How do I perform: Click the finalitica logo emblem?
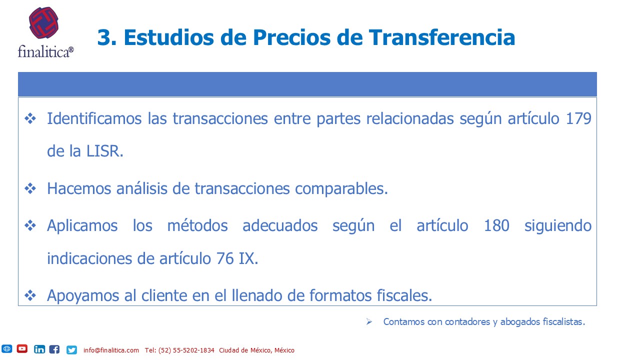(x=43, y=23)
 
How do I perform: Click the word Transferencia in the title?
(x=441, y=37)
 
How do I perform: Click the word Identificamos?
(x=94, y=118)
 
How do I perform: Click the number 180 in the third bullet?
(x=496, y=225)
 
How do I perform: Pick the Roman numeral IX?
(x=248, y=258)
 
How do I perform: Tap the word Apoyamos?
(x=83, y=296)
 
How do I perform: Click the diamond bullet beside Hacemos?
(x=30, y=188)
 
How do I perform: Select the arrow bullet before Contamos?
(x=369, y=321)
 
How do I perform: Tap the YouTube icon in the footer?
(x=22, y=349)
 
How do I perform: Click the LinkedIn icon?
(x=39, y=349)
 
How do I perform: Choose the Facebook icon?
(x=54, y=349)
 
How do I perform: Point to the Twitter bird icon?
(x=71, y=349)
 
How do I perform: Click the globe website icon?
(x=6, y=349)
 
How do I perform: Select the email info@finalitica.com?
(x=111, y=350)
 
